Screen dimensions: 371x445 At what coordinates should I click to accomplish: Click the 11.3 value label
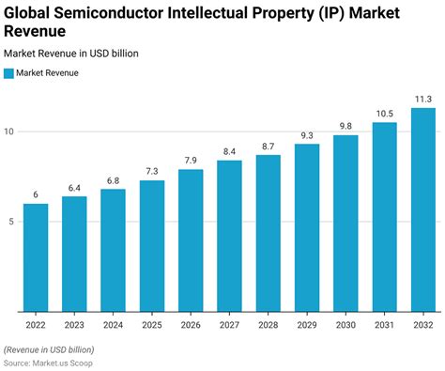click(422, 98)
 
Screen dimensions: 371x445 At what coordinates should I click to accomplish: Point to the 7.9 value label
click(191, 159)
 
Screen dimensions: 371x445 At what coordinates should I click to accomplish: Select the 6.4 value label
click(74, 186)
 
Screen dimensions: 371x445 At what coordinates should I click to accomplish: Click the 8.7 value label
click(269, 145)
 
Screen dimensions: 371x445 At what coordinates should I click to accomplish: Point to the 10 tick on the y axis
click(9, 131)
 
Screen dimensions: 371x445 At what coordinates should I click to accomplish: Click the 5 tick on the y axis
click(11, 222)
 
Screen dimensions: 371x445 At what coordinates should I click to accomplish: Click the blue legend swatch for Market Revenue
click(8, 72)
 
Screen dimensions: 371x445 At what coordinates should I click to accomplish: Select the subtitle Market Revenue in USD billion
click(71, 54)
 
